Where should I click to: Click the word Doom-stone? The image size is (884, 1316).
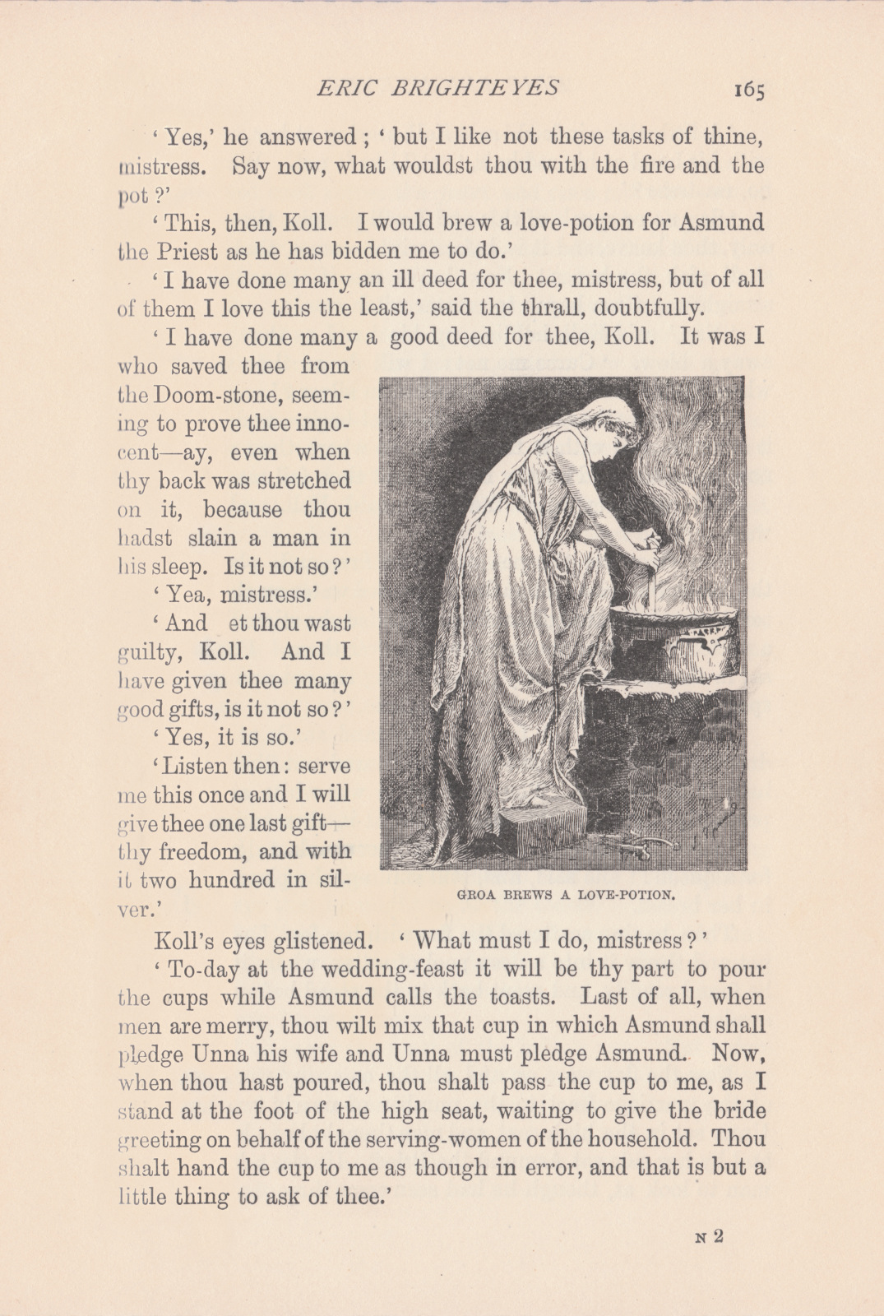pyautogui.click(x=229, y=395)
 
